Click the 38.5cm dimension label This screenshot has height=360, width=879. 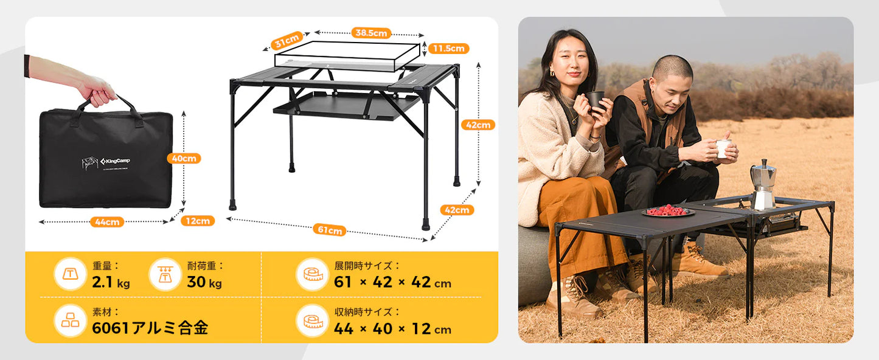370,33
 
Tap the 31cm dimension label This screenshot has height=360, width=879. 287,41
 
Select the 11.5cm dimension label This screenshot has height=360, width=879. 449,48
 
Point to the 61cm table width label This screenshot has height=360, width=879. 329,230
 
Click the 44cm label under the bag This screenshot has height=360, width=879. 107,222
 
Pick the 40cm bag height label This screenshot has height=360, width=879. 183,158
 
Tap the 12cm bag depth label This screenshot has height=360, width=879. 198,221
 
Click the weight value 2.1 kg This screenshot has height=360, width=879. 111,283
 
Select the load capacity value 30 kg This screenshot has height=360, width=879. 204,283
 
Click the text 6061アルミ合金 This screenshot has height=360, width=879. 150,328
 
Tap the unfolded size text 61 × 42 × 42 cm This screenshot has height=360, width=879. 392,283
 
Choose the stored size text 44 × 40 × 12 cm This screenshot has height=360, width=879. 392,329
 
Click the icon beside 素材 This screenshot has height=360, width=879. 71,320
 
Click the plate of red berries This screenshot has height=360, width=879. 667,210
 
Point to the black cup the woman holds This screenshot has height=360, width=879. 596,100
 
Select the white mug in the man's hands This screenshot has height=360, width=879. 723,148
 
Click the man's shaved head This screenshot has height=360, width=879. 673,68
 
